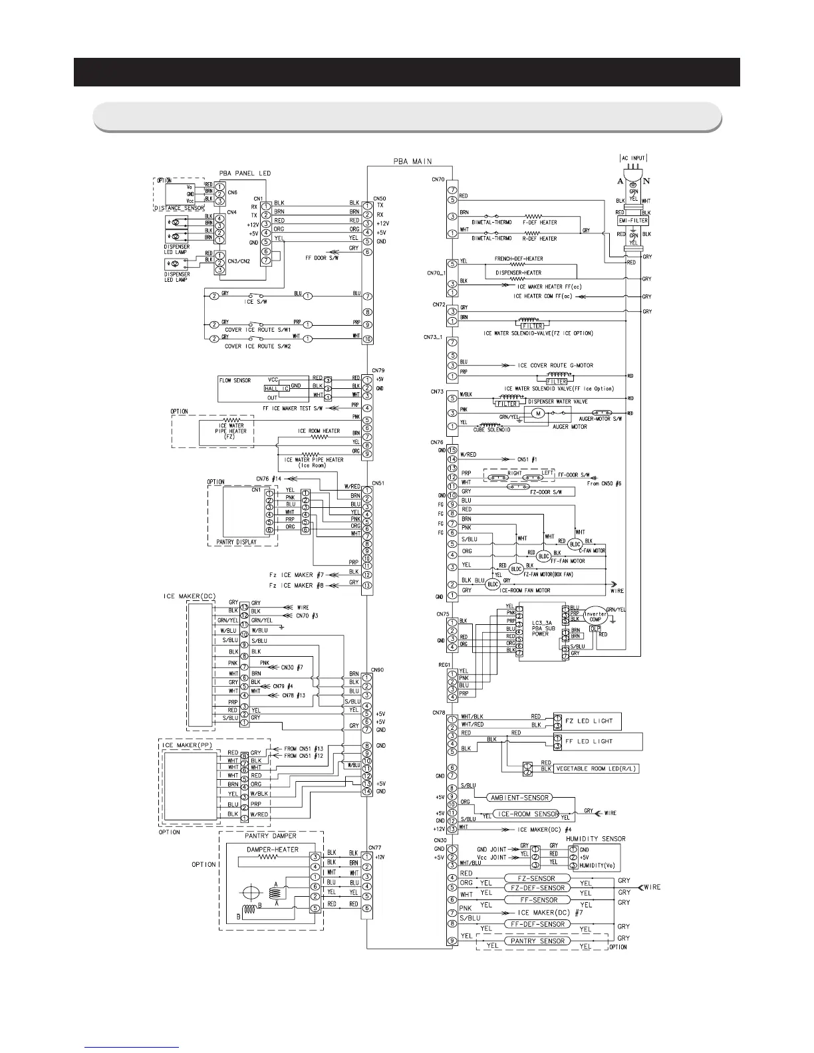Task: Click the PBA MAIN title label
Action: [408, 160]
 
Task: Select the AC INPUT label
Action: [631, 158]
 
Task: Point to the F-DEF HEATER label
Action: [540, 223]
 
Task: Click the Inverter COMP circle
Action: [596, 615]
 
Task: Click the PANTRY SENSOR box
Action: [537, 941]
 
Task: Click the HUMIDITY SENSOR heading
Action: [595, 839]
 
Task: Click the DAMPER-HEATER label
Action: [272, 850]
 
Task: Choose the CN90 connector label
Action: [378, 669]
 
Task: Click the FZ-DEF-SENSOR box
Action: [537, 887]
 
